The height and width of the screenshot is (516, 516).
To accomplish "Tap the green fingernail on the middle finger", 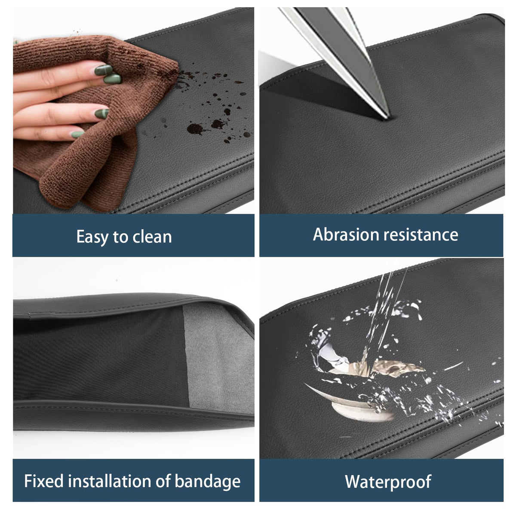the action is [113, 79].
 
